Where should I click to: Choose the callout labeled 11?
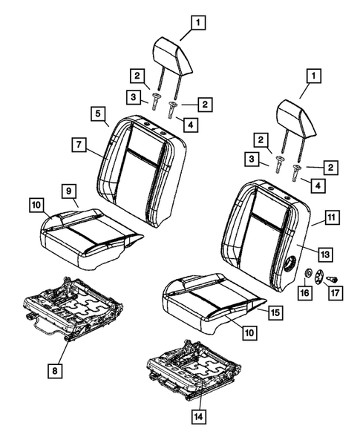coord(331,218)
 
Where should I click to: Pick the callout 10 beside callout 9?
coord(36,203)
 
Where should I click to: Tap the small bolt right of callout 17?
coord(333,278)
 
